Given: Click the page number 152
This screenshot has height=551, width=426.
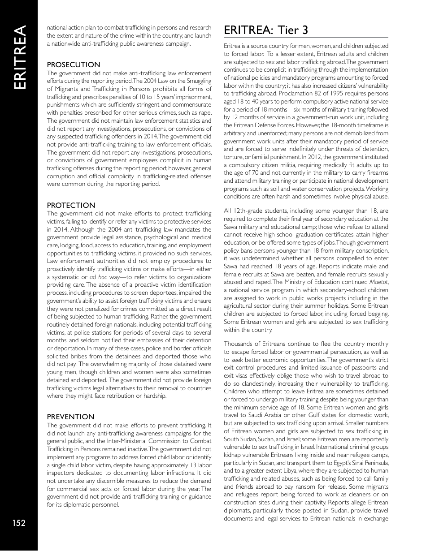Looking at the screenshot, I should coord(18,523).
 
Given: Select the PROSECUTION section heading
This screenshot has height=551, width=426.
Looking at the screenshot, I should coord(74,65).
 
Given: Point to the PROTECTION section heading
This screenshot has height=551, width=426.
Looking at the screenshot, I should coord(71,205).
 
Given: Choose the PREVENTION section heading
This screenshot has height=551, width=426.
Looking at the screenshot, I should coord(70,417).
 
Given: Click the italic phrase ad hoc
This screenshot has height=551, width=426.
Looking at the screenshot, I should coord(97,277).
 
